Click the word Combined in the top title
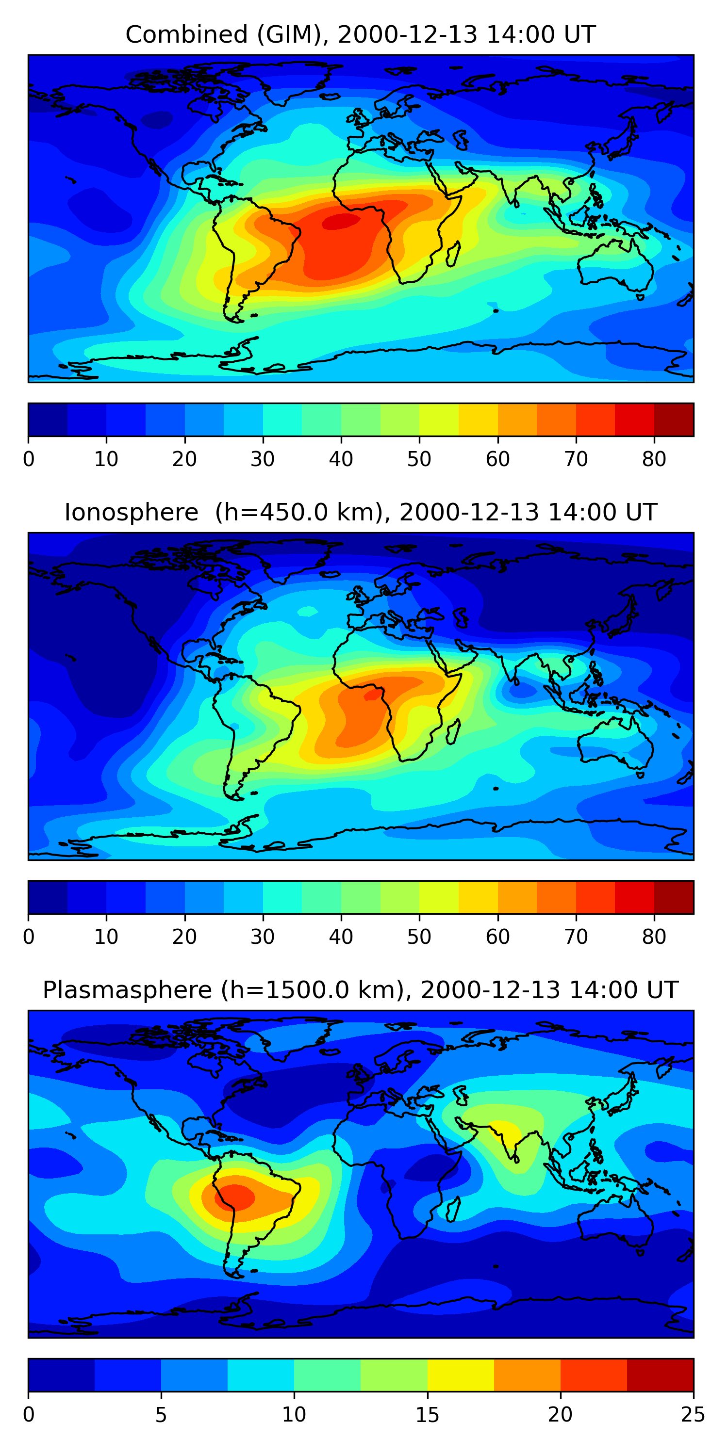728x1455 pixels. pyautogui.click(x=186, y=35)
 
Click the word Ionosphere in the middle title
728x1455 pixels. pyautogui.click(x=131, y=513)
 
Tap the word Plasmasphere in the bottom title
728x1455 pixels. pyautogui.click(x=127, y=991)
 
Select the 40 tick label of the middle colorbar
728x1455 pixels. pyautogui.click(x=341, y=937)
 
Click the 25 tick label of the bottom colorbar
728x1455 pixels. pyautogui.click(x=693, y=1414)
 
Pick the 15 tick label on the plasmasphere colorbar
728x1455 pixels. pyautogui.click(x=427, y=1414)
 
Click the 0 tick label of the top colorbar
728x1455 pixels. pyautogui.click(x=29, y=459)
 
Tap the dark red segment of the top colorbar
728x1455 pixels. pyautogui.click(x=674, y=420)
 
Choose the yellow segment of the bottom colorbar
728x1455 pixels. pyautogui.click(x=461, y=1375)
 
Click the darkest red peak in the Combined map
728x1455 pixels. pyautogui.click(x=340, y=222)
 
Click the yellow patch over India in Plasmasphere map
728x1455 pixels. pyautogui.click(x=508, y=1132)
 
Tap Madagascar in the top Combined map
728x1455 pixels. pyautogui.click(x=453, y=255)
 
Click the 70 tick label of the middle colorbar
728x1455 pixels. pyautogui.click(x=576, y=937)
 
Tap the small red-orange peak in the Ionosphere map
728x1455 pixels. pyautogui.click(x=372, y=695)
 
